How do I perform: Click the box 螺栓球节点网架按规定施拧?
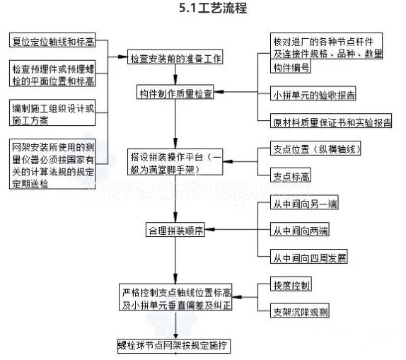(x=174, y=346)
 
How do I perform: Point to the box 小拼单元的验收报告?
(x=315, y=93)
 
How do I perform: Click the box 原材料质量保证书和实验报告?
(x=332, y=122)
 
